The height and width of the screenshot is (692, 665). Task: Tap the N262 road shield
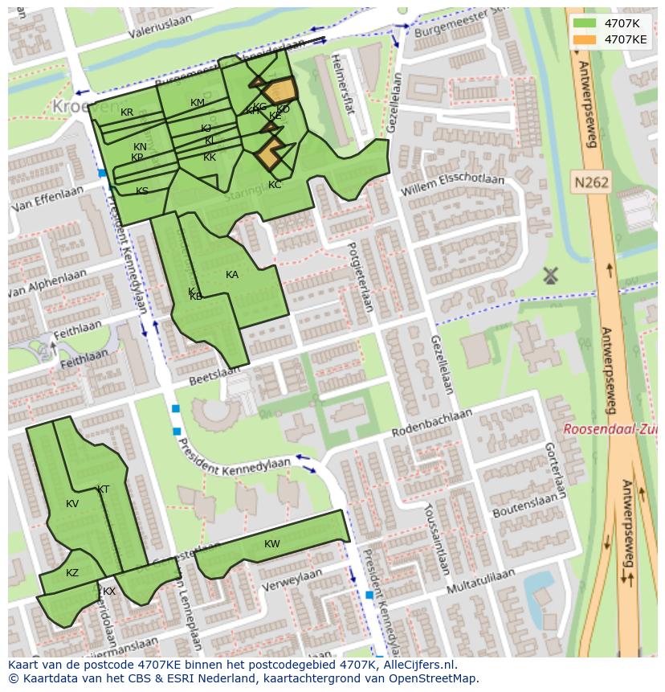click(x=590, y=182)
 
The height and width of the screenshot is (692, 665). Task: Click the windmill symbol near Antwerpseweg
click(x=550, y=276)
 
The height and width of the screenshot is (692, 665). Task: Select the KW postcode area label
click(x=272, y=544)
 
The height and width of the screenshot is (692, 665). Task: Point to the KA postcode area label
click(x=232, y=275)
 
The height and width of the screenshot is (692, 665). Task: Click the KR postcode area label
click(x=127, y=113)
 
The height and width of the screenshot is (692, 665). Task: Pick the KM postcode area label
click(x=198, y=103)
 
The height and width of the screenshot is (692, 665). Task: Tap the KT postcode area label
click(x=103, y=489)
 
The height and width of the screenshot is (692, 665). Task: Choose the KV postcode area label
click(x=72, y=504)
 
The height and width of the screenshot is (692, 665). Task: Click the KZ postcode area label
click(x=72, y=573)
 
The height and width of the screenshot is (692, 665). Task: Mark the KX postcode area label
click(x=109, y=592)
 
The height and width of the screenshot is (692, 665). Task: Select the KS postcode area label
click(x=142, y=191)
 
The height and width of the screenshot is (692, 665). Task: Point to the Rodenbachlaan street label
click(x=431, y=423)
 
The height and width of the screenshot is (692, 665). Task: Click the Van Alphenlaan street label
click(x=46, y=284)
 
